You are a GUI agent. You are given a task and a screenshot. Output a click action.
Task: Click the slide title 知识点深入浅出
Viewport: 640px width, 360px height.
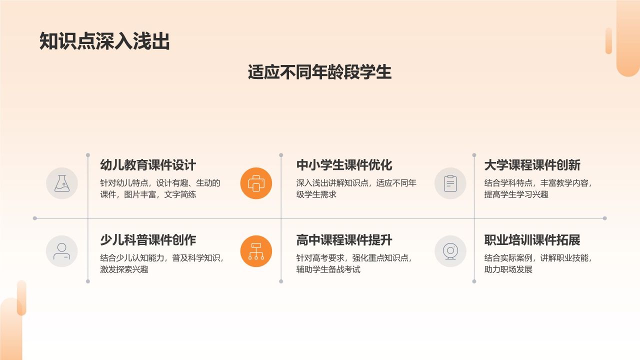click(x=104, y=42)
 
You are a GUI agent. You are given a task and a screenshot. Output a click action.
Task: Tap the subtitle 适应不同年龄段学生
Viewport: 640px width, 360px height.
click(x=319, y=72)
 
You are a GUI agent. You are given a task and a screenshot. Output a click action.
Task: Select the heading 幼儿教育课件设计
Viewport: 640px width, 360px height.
click(x=148, y=165)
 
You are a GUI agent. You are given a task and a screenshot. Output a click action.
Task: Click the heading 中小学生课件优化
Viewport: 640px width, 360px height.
click(x=344, y=165)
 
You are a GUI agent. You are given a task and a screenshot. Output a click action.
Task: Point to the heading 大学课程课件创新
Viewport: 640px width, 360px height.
click(x=532, y=165)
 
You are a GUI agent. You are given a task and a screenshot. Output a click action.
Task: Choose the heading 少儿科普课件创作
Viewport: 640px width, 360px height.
click(x=148, y=240)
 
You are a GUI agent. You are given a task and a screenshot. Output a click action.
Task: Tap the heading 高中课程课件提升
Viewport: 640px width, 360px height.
click(x=344, y=240)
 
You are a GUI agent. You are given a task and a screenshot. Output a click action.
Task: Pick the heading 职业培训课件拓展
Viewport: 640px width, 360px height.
click(x=532, y=240)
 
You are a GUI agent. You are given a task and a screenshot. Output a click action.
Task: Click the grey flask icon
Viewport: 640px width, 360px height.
click(x=62, y=183)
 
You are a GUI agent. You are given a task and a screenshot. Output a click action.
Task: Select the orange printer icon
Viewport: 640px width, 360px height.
click(x=256, y=183)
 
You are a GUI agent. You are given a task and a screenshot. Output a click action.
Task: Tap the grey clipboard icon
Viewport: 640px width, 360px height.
click(x=450, y=183)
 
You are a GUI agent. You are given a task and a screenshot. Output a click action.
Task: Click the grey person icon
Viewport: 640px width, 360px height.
click(x=62, y=251)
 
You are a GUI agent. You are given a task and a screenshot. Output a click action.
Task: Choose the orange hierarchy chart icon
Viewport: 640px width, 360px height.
click(x=256, y=251)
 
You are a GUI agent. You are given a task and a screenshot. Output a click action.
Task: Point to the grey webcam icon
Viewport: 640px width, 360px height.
click(x=450, y=251)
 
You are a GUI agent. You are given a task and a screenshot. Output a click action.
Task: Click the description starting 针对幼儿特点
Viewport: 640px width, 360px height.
click(x=160, y=188)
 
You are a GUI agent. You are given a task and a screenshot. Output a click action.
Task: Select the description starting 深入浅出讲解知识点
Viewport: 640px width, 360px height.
click(x=356, y=188)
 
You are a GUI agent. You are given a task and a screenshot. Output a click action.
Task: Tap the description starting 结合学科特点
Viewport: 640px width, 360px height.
click(x=538, y=188)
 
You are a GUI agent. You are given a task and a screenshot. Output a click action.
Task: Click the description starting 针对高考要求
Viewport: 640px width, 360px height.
click(x=354, y=263)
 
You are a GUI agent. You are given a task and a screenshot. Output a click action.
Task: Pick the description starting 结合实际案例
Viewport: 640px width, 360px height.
click(x=538, y=263)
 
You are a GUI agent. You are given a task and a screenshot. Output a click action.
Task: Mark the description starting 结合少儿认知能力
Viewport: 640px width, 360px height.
click(x=162, y=263)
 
